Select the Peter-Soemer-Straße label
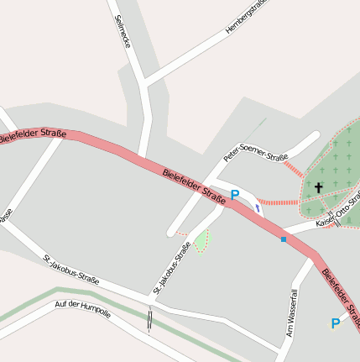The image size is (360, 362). tap(256, 152)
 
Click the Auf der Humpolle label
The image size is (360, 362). tap(83, 309)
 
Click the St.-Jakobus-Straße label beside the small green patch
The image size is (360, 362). tap(170, 268)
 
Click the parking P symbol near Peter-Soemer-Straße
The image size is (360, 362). tap(235, 195)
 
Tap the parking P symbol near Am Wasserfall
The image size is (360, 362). tap(336, 323)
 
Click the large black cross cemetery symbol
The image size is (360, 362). tap(318, 187)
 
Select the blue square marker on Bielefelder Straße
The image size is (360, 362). tap(284, 239)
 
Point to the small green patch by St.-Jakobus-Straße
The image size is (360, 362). tap(201, 242)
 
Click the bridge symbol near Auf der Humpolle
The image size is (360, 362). tap(149, 319)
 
